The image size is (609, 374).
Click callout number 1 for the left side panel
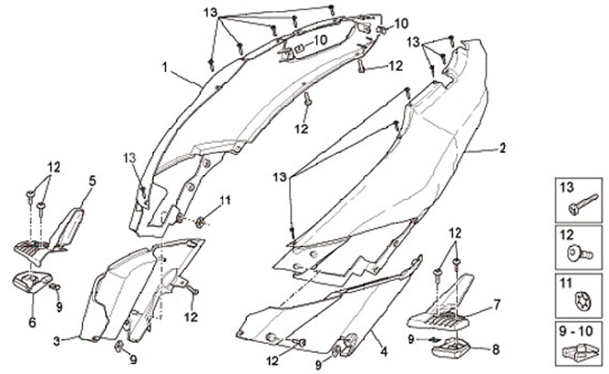click(166, 64)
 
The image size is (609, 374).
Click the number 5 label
click(92, 179)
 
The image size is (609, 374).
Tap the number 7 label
click(497, 302)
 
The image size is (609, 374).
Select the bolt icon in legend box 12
click(578, 251)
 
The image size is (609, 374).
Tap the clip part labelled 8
click(456, 345)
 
